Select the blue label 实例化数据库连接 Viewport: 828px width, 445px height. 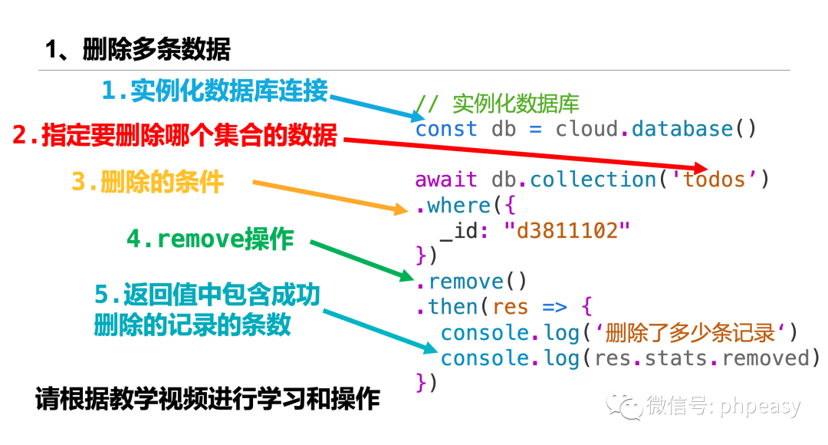pos(215,91)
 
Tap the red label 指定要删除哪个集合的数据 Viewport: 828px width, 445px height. pos(175,136)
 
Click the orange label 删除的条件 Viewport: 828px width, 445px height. pos(147,183)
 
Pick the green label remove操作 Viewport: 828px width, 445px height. pos(210,239)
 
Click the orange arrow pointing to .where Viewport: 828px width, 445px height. pos(330,195)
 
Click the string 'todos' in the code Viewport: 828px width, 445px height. pos(714,180)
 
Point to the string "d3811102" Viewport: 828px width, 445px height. pos(567,230)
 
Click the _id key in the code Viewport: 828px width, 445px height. pos(459,230)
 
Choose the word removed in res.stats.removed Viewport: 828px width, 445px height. pos(764,358)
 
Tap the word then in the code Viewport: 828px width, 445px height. pos(453,307)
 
